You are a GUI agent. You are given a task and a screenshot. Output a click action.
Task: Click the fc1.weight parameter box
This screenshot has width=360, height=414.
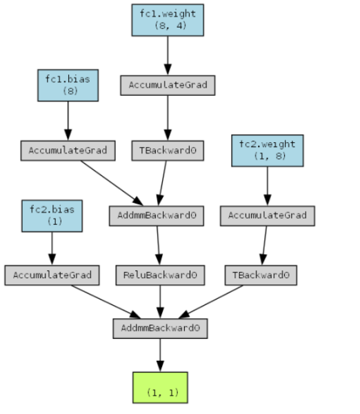tap(168, 20)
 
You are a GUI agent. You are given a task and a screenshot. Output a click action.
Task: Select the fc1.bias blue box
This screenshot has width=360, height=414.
tap(68, 86)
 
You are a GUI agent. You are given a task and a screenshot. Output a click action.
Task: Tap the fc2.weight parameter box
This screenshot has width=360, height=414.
tap(268, 150)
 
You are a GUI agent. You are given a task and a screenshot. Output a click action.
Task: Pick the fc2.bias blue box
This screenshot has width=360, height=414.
tap(52, 216)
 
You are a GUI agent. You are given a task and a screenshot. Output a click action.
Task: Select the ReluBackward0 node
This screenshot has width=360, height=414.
tap(160, 275)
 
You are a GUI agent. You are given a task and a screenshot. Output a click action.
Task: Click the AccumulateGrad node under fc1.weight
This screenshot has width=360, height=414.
tap(168, 86)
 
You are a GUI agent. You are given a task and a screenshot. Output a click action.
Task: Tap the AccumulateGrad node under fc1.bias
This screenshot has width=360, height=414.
tap(68, 150)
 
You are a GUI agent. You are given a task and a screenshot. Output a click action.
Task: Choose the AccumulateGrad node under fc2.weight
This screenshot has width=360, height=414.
tap(268, 216)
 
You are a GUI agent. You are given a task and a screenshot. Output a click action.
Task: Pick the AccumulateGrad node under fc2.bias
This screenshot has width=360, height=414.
tap(52, 275)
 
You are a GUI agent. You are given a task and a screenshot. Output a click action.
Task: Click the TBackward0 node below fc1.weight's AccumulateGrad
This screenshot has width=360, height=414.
tap(168, 150)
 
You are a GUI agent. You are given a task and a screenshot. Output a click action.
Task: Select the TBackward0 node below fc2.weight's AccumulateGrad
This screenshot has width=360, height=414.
tap(261, 275)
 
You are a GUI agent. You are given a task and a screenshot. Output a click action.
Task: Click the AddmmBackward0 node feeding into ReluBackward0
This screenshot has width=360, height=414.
tap(157, 216)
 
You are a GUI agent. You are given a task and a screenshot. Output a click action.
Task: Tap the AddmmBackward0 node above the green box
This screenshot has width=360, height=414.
tap(160, 328)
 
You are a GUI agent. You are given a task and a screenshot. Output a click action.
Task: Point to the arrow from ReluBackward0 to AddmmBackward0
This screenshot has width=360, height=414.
tap(160, 302)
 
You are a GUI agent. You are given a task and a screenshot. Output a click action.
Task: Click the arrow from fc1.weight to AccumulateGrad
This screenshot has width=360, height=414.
tap(168, 56)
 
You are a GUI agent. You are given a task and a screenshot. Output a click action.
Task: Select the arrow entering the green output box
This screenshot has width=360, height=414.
tap(160, 355)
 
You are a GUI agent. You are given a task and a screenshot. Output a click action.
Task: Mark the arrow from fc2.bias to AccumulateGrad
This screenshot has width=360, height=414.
tap(52, 248)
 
